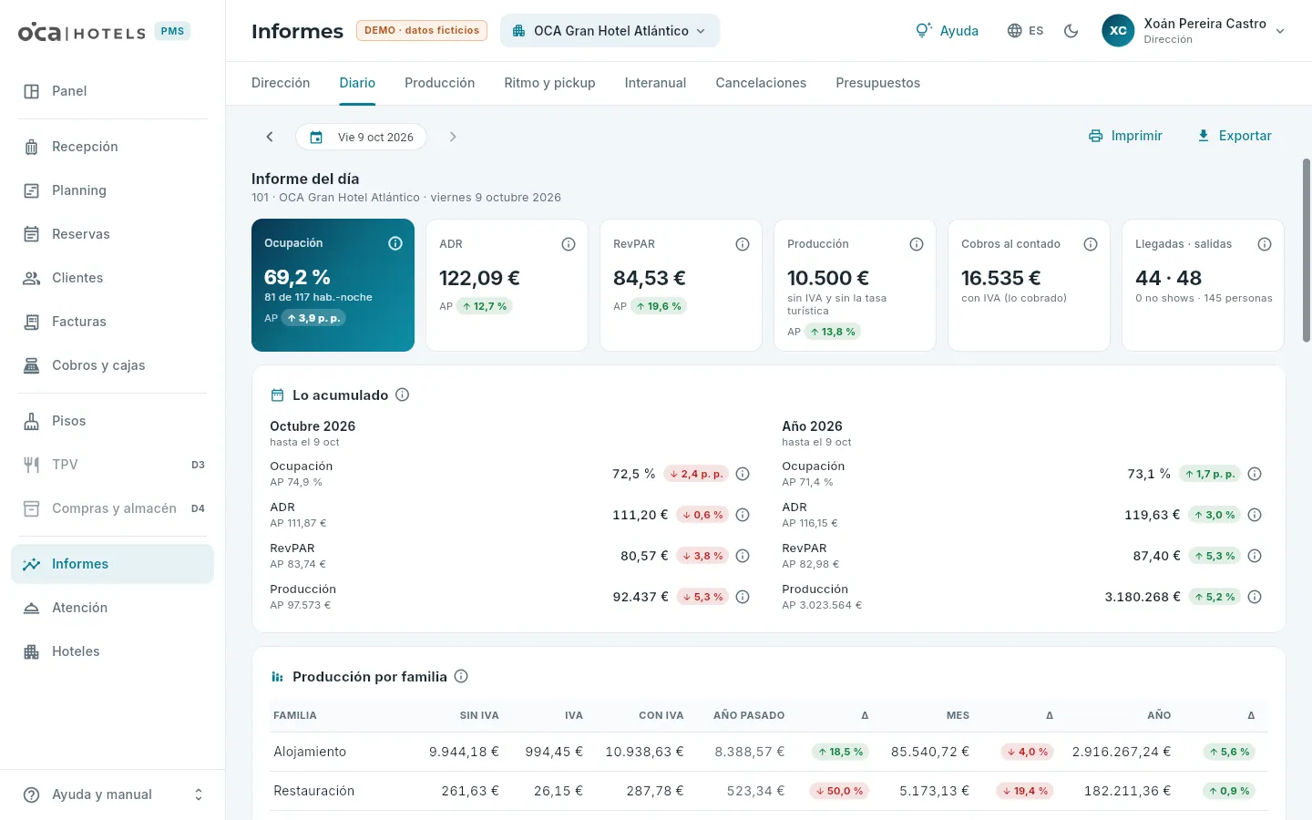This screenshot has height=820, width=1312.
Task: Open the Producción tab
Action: [439, 83]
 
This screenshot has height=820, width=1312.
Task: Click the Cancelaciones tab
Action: [760, 83]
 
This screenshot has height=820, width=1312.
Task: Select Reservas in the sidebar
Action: [80, 233]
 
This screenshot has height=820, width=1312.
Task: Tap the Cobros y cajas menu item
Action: [97, 364]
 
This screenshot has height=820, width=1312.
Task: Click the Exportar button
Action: [1234, 136]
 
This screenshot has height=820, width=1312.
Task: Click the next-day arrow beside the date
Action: [452, 137]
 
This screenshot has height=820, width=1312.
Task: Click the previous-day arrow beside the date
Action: [270, 137]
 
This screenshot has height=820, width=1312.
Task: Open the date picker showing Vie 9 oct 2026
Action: [361, 137]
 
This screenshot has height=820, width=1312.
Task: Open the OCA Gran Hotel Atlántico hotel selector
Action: [610, 30]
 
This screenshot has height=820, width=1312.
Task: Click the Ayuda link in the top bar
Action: [947, 30]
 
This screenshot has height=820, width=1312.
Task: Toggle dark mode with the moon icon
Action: [1071, 30]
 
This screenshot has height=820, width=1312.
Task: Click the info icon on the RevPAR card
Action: [742, 244]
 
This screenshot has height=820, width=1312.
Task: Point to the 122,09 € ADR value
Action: [479, 278]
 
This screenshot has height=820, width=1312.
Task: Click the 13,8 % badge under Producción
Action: [833, 332]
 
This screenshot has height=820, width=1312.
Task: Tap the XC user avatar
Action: [1118, 30]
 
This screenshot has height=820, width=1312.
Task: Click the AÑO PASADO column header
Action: [749, 715]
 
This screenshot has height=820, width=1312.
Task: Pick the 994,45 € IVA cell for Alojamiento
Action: [554, 752]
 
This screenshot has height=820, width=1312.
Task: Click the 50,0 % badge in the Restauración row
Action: [839, 791]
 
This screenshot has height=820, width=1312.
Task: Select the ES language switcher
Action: [1025, 30]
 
